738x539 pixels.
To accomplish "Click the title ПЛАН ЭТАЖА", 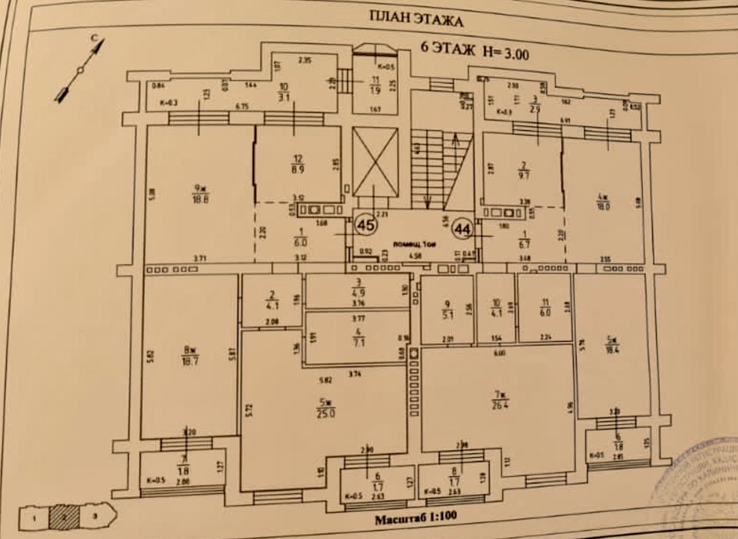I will coord(416,18).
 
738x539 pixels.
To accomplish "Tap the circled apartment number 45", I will coord(366,224).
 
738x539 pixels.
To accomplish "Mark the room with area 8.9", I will coord(298,164).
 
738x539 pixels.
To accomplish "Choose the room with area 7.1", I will coord(357,338).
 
